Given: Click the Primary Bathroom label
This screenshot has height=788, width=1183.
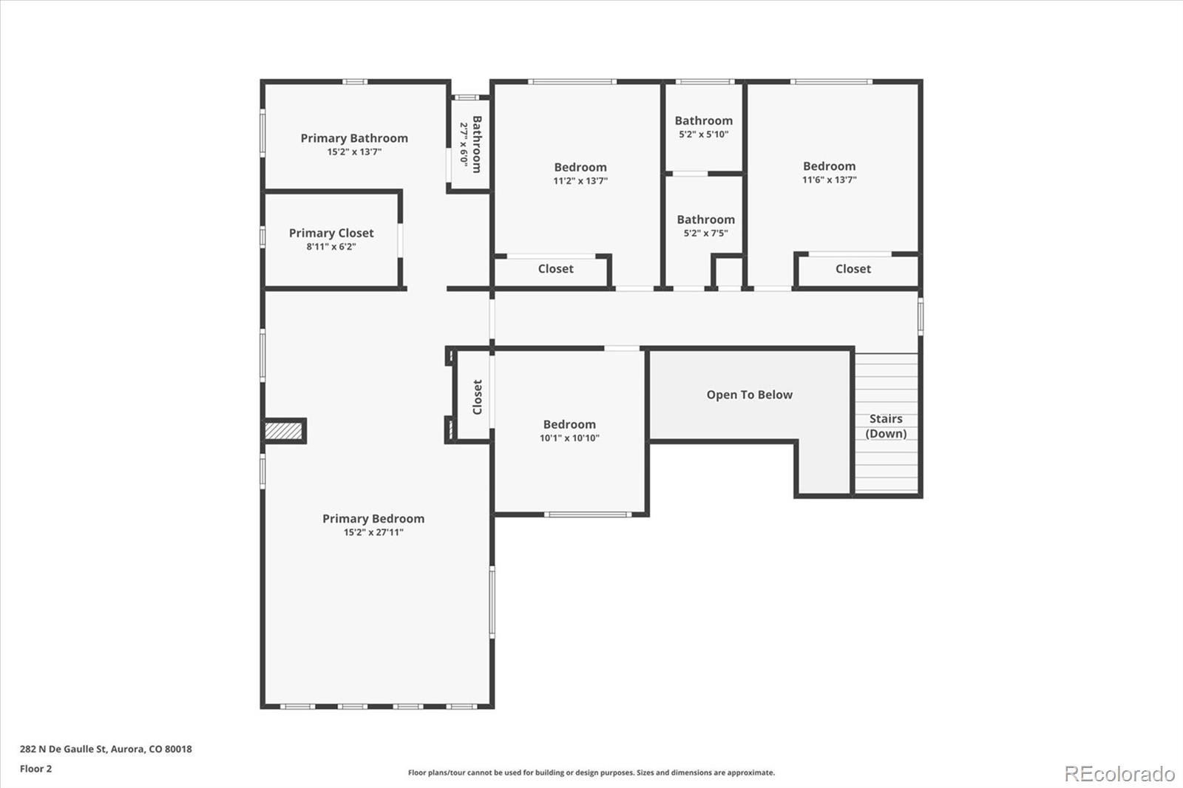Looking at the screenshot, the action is click(x=354, y=138).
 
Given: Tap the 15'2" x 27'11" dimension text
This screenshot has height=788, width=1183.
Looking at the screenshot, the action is click(x=373, y=532).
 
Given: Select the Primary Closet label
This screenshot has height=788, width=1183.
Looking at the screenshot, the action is click(x=331, y=233).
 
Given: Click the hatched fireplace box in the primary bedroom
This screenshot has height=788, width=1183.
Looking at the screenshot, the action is click(x=284, y=431).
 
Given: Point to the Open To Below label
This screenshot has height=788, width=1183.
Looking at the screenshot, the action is click(x=750, y=395).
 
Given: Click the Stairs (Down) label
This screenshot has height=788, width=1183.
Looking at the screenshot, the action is click(x=886, y=426).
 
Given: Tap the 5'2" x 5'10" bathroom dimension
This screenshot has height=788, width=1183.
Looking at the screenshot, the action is click(x=703, y=134).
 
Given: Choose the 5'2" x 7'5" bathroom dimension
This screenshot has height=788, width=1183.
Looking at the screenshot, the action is click(x=705, y=233).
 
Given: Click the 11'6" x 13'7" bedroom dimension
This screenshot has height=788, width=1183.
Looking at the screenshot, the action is click(x=829, y=180).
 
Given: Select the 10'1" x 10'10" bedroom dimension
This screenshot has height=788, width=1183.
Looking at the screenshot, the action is click(x=569, y=438).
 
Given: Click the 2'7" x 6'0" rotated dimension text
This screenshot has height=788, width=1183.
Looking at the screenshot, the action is click(x=464, y=144).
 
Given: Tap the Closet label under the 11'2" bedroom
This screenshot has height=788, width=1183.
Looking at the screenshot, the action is click(x=555, y=269).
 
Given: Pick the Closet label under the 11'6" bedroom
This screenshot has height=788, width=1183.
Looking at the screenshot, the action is click(x=853, y=269).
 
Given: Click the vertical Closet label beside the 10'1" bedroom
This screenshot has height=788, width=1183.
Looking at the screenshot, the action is click(x=478, y=397).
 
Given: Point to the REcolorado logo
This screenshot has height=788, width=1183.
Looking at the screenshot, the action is click(x=1119, y=774).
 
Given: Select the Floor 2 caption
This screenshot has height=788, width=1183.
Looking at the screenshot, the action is click(x=36, y=769).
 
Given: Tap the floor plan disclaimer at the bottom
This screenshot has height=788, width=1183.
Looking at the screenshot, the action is click(x=591, y=772).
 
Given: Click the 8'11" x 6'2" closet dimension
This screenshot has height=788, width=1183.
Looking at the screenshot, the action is click(x=331, y=247).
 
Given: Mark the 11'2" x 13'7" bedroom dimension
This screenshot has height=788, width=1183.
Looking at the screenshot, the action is click(x=580, y=180).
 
